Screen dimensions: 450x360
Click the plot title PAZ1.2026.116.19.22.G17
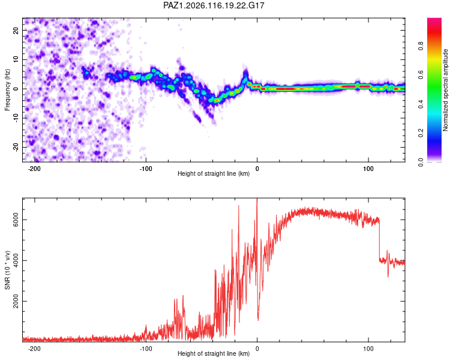pyautogui.click(x=214, y=5)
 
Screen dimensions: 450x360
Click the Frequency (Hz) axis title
pyautogui.click(x=7, y=90)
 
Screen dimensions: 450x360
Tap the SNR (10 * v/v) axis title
pyautogui.click(x=7, y=270)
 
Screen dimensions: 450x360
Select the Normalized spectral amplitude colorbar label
pyautogui.click(x=445, y=90)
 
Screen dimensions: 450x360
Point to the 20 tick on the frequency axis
pyautogui.click(x=16, y=31)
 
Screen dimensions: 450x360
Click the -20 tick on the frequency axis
pyautogui.click(x=16, y=147)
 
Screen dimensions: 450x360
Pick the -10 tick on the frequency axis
pyautogui.click(x=16, y=118)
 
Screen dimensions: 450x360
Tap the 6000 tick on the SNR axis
pyautogui.click(x=16, y=220)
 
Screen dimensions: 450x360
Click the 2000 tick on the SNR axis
pyautogui.click(x=16, y=301)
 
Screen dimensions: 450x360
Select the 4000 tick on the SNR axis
pyautogui.click(x=16, y=260)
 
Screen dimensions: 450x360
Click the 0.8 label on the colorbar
pyautogui.click(x=421, y=46)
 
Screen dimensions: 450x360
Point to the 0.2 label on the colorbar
pyautogui.click(x=421, y=133)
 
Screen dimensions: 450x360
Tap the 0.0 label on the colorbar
pyautogui.click(x=421, y=162)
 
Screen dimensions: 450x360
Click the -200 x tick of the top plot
pyautogui.click(x=34, y=169)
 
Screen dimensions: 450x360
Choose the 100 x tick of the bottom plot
pyautogui.click(x=368, y=349)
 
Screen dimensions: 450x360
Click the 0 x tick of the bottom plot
pyautogui.click(x=257, y=349)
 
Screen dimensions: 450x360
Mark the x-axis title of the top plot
pyautogui.click(x=214, y=173)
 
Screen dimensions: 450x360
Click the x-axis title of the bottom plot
pyautogui.click(x=214, y=353)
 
